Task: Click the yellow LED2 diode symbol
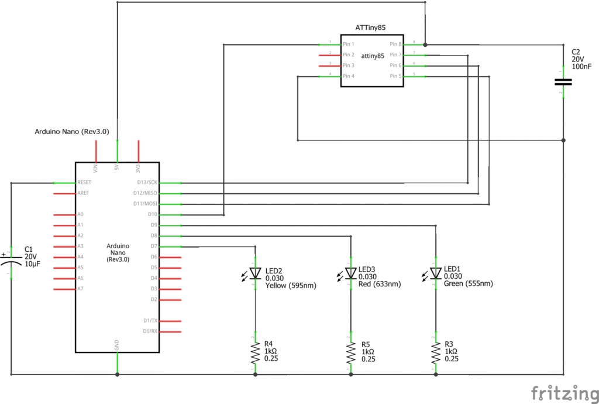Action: pos(255,273)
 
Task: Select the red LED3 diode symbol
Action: pos(350,273)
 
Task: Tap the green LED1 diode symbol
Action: pos(436,273)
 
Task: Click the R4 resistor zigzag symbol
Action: pos(255,352)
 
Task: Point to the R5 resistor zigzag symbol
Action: pos(350,352)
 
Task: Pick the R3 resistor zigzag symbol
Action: pos(436,352)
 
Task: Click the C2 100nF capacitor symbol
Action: pos(563,82)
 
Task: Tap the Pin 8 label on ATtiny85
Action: pos(395,44)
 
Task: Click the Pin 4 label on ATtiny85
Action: pos(349,76)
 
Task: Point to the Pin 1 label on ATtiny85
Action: pos(349,44)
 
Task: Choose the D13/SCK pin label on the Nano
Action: pos(146,183)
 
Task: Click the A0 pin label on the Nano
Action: pos(81,214)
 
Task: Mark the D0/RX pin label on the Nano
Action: pos(150,331)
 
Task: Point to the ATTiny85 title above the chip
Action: pos(370,28)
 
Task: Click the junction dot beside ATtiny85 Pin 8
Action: pos(425,44)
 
